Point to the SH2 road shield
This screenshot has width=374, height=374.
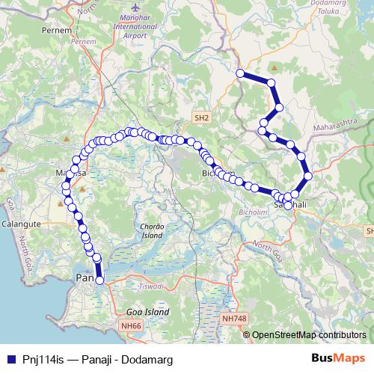pos(202,117)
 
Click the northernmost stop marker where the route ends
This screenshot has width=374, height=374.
pos(240,73)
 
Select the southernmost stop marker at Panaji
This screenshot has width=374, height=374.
pos(99,280)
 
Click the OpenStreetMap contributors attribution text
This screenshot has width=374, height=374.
pos(309,335)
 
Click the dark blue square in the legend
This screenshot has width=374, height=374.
pos(11,358)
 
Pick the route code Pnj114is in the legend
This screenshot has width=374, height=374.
pos(43,358)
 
